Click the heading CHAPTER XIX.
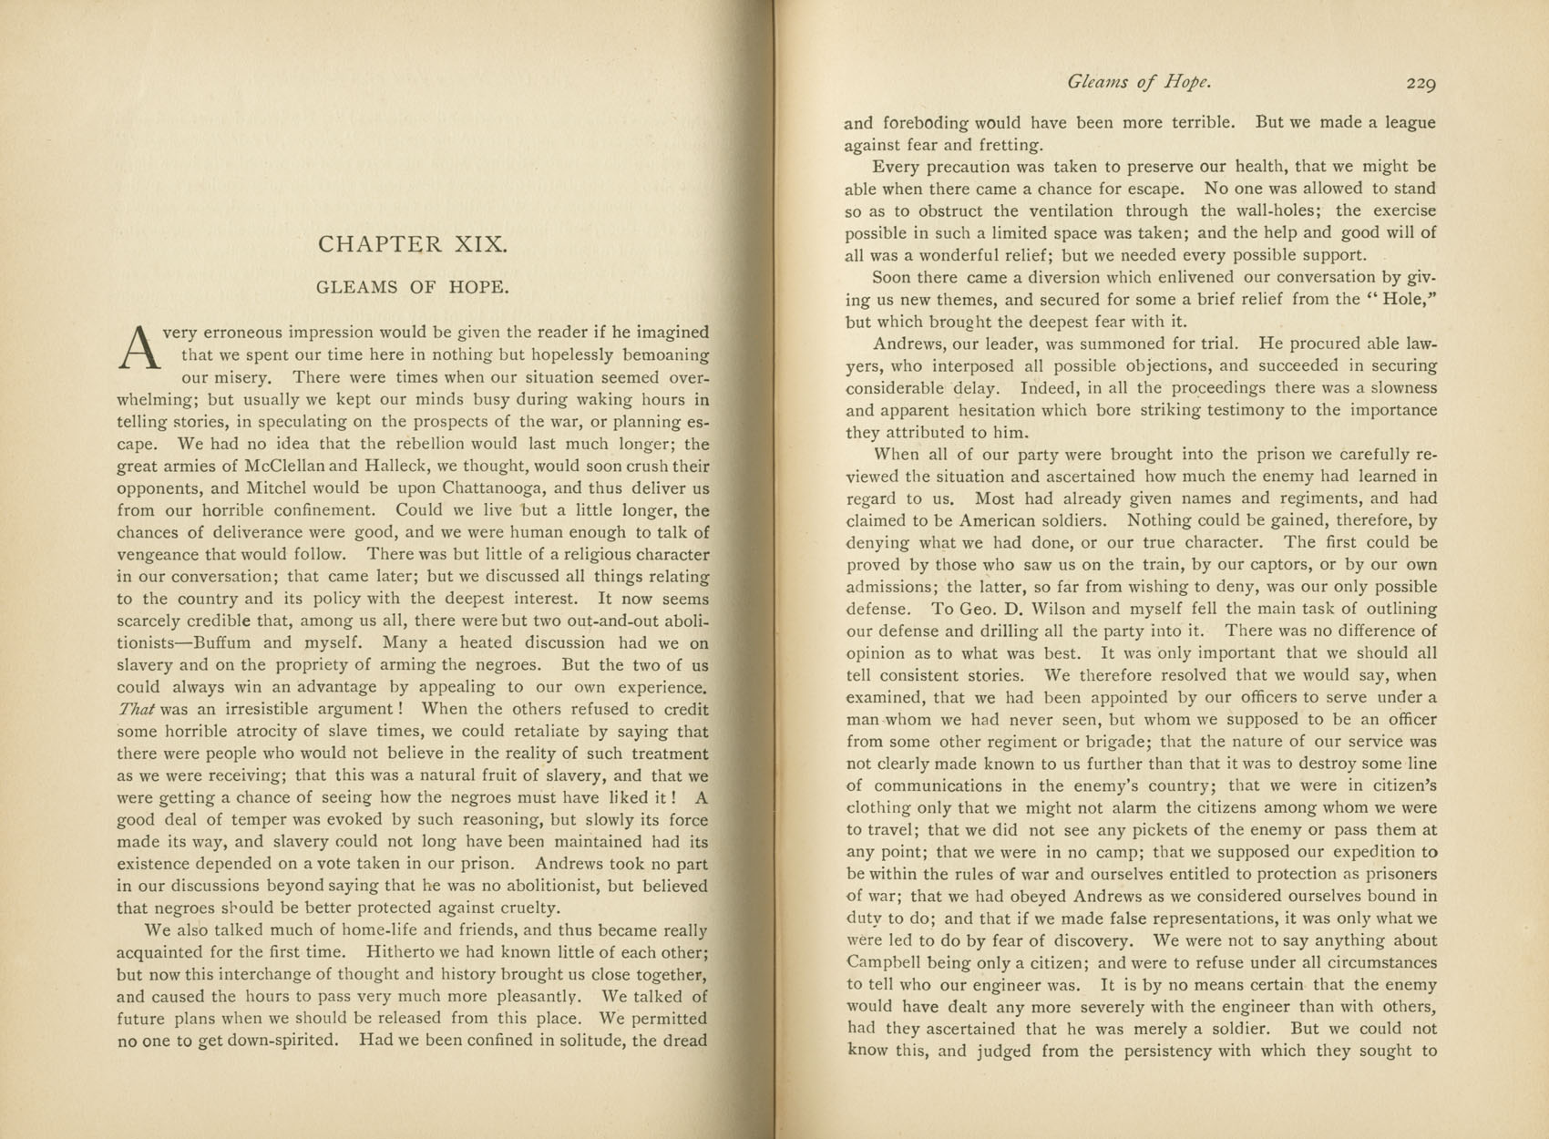click(412, 244)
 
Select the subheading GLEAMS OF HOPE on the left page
click(412, 287)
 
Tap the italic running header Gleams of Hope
click(1139, 83)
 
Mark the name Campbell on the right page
click(884, 963)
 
